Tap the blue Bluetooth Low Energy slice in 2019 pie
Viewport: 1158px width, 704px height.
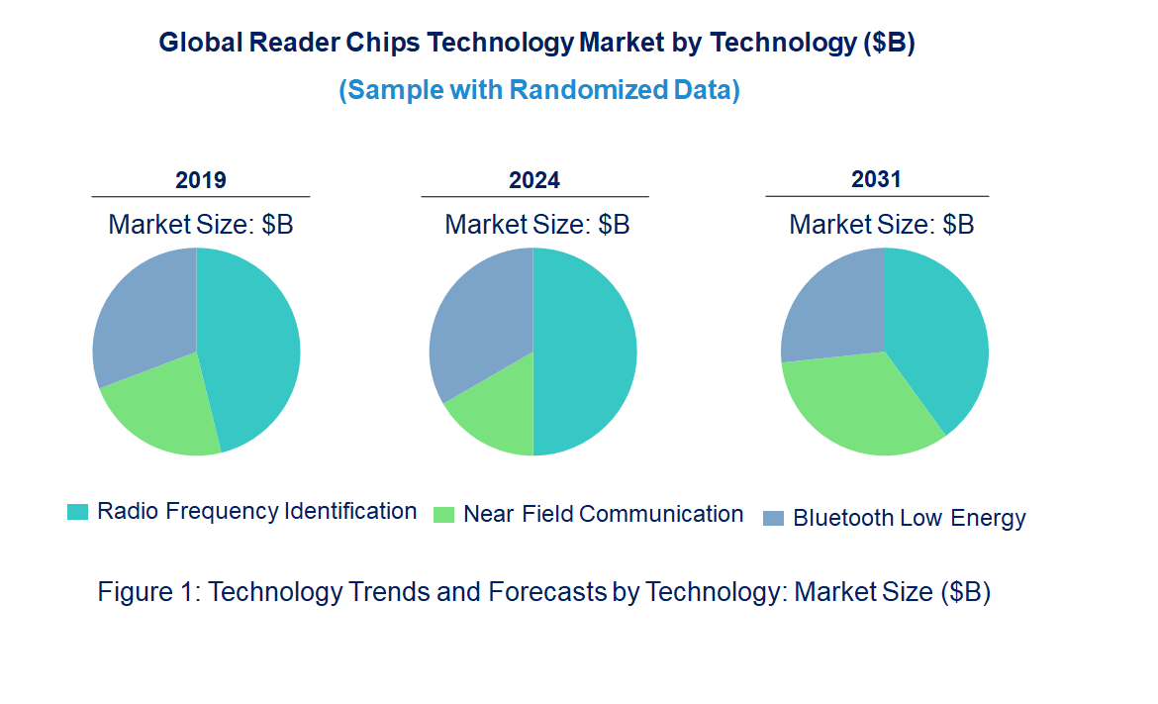click(x=144, y=312)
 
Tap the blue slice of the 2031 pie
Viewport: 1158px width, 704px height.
click(x=831, y=307)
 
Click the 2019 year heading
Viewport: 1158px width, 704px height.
click(x=201, y=180)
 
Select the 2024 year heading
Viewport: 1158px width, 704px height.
click(x=534, y=180)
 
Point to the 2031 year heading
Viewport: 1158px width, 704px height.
click(x=877, y=179)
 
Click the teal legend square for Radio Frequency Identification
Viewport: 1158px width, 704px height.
click(x=77, y=512)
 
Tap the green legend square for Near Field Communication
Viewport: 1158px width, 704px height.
click(x=444, y=515)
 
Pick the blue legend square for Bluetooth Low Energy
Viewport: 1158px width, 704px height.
click(x=774, y=518)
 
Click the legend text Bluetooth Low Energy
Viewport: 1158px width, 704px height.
click(x=909, y=518)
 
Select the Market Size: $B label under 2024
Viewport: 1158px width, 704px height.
click(x=536, y=224)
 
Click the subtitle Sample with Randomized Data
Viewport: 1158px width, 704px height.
click(x=539, y=90)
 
